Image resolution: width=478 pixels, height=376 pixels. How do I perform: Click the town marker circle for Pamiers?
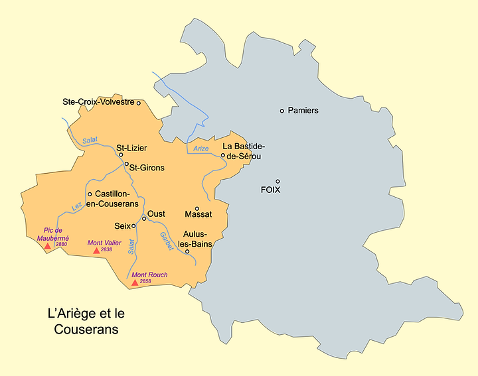click(282, 111)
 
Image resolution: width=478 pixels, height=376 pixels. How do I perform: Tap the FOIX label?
click(272, 190)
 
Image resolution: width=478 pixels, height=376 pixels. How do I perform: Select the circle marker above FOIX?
click(278, 181)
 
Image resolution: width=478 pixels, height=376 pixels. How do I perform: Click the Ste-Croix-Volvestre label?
click(98, 102)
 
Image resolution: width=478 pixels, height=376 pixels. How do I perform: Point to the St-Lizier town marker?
click(121, 155)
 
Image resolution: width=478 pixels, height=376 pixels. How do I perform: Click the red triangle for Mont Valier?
click(96, 251)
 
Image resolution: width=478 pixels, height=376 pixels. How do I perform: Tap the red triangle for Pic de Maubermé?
click(47, 246)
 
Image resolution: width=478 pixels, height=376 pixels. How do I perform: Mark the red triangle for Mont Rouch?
click(135, 282)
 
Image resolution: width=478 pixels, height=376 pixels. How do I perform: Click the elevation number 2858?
click(145, 282)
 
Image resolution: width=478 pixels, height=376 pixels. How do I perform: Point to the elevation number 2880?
click(62, 245)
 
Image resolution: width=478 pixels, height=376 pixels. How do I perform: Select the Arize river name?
click(201, 149)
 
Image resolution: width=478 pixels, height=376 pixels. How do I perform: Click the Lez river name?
click(76, 207)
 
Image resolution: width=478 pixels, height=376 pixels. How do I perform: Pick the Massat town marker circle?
click(197, 208)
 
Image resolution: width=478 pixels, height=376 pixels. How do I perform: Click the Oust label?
click(156, 214)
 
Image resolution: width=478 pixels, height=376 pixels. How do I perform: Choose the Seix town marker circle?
click(133, 225)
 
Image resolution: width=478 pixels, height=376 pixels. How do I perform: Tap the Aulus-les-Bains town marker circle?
click(187, 251)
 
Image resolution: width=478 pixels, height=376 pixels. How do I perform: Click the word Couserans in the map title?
click(86, 329)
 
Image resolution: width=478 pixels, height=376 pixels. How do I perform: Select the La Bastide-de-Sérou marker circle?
click(223, 155)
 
